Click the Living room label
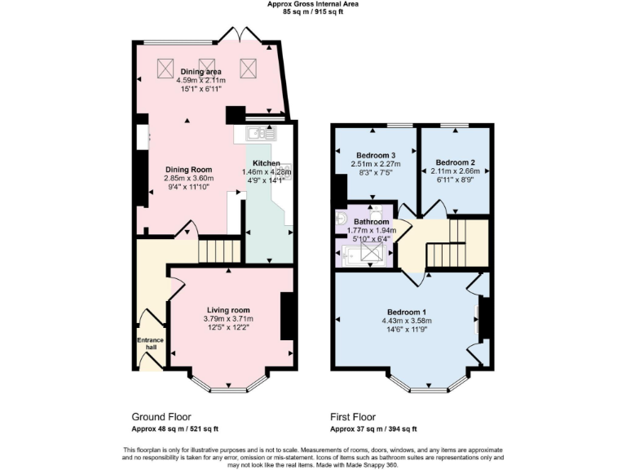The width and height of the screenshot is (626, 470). (228, 310)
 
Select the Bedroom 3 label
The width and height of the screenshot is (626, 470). (376, 155)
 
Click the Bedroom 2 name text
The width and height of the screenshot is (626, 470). (455, 162)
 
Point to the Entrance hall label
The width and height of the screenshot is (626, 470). (151, 344)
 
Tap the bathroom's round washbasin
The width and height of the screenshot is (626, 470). (341, 218)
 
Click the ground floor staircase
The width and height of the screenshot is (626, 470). (219, 251)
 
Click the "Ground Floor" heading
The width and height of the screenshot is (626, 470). (161, 416)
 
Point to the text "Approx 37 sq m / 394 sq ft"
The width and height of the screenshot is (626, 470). (373, 428)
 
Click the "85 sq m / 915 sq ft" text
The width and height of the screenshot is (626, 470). (312, 12)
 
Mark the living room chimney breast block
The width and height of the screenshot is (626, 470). (287, 316)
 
